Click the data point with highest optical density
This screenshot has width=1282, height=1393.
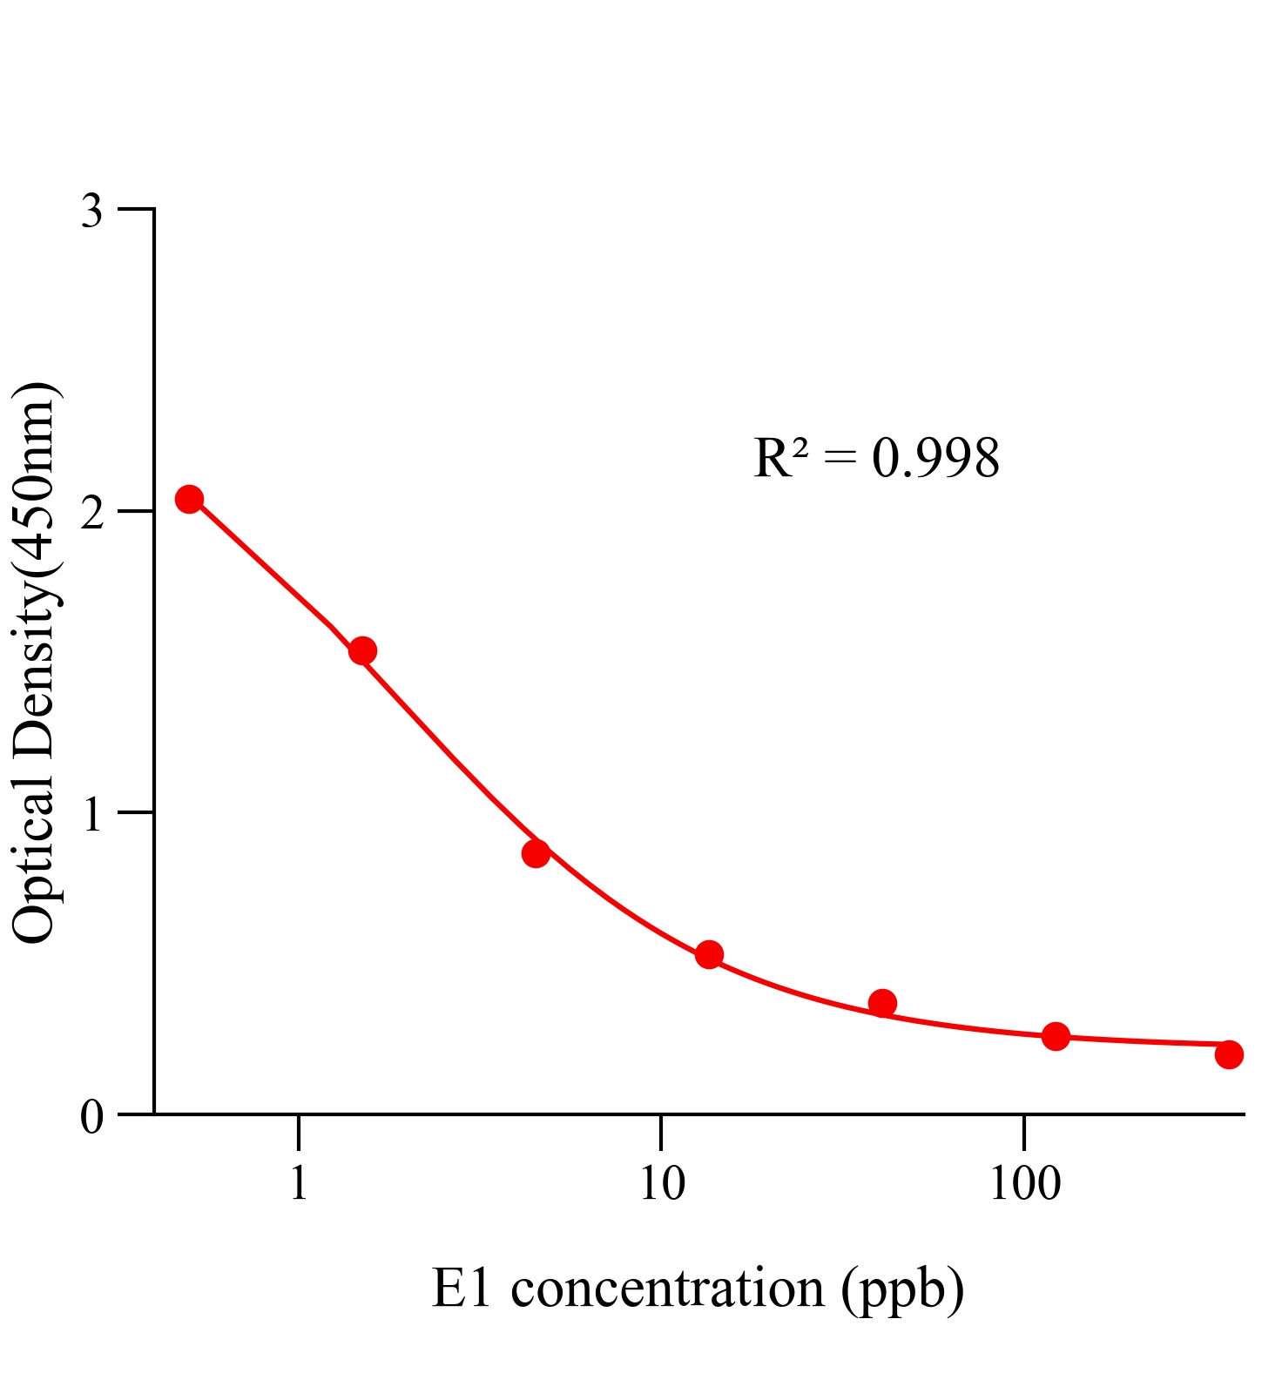(x=189, y=499)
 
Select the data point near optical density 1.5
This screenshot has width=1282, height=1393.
(x=362, y=650)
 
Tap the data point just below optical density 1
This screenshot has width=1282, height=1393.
(x=536, y=853)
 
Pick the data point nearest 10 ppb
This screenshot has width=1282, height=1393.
(x=709, y=954)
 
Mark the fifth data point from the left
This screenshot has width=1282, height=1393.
(x=882, y=1003)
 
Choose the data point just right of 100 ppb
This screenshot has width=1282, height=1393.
(x=1056, y=1036)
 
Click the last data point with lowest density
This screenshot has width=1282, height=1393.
(x=1229, y=1054)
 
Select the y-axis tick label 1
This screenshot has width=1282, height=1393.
(x=91, y=815)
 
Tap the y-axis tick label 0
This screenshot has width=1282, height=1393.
(x=91, y=1117)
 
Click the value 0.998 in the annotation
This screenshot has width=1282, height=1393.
(x=935, y=459)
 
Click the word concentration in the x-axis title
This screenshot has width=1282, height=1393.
(x=667, y=1289)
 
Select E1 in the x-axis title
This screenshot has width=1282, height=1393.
(x=462, y=1289)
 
